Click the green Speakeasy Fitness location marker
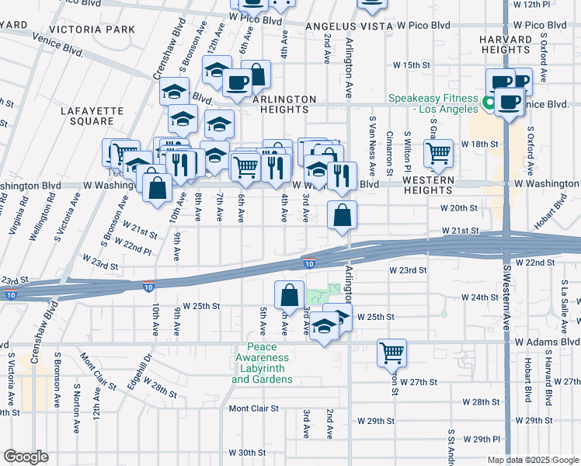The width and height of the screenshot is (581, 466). tap(490, 103)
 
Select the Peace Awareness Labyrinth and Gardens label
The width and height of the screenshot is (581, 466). tap(262, 363)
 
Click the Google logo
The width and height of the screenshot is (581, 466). tap(26, 457)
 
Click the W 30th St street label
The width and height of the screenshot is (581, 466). tap(247, 452)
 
